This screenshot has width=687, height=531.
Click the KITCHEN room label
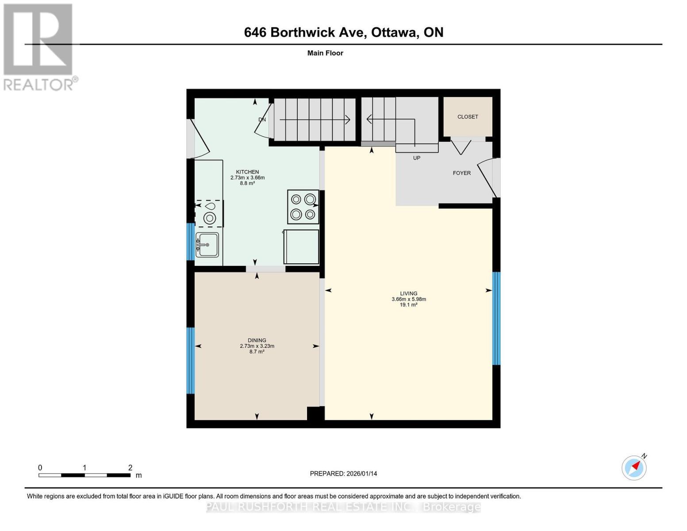click(247, 172)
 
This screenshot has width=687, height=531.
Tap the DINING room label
click(257, 340)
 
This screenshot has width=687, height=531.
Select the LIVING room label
click(408, 293)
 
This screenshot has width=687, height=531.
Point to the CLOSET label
click(468, 117)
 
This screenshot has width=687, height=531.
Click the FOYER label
click(461, 173)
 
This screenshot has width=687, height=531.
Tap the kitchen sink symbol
click(207, 245)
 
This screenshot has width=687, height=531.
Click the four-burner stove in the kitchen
click(303, 207)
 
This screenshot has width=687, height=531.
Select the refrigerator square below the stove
click(301, 246)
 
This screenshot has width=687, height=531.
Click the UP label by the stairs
click(416, 158)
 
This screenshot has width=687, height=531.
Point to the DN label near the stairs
click(262, 119)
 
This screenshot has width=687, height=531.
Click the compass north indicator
click(634, 468)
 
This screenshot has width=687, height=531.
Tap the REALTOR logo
click(39, 47)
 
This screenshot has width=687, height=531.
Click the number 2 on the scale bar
click(130, 467)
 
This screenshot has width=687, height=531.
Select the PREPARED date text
click(343, 473)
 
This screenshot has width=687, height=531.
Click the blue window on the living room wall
click(496, 319)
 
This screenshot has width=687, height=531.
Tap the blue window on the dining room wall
click(190, 361)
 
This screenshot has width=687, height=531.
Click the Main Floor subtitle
click(325, 53)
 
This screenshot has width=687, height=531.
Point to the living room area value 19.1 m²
click(408, 304)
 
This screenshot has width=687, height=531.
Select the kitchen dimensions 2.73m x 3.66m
click(248, 177)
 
